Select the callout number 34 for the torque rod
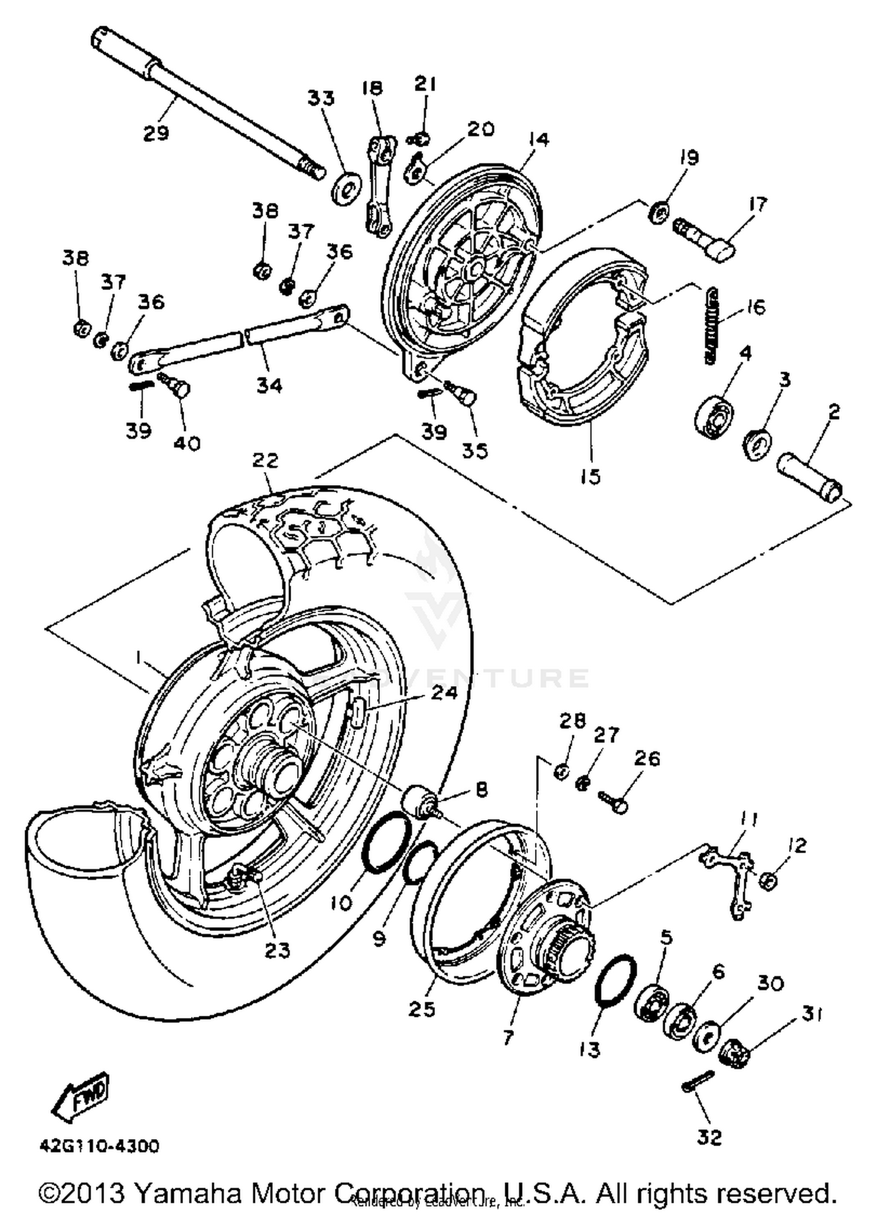(x=270, y=385)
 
